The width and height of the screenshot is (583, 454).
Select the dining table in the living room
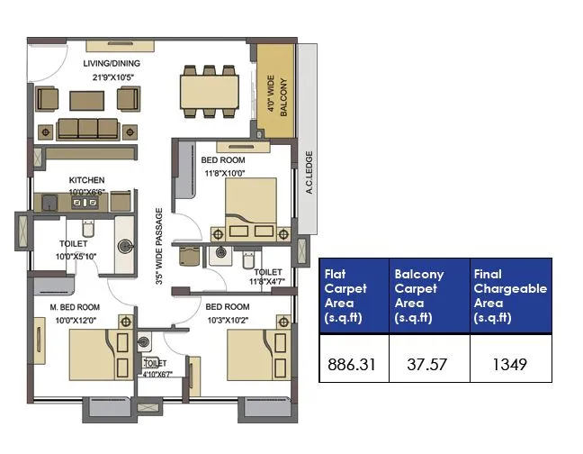[209, 91]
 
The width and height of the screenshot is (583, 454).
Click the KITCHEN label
[86, 180]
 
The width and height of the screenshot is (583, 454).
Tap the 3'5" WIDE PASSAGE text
[159, 247]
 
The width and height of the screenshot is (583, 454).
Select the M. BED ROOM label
[75, 307]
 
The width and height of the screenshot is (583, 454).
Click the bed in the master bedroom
[91, 355]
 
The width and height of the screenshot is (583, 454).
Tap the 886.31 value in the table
[354, 365]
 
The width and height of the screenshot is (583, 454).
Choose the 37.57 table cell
[427, 365]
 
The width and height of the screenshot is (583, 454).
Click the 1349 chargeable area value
[509, 365]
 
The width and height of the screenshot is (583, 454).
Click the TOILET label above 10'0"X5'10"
[74, 244]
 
